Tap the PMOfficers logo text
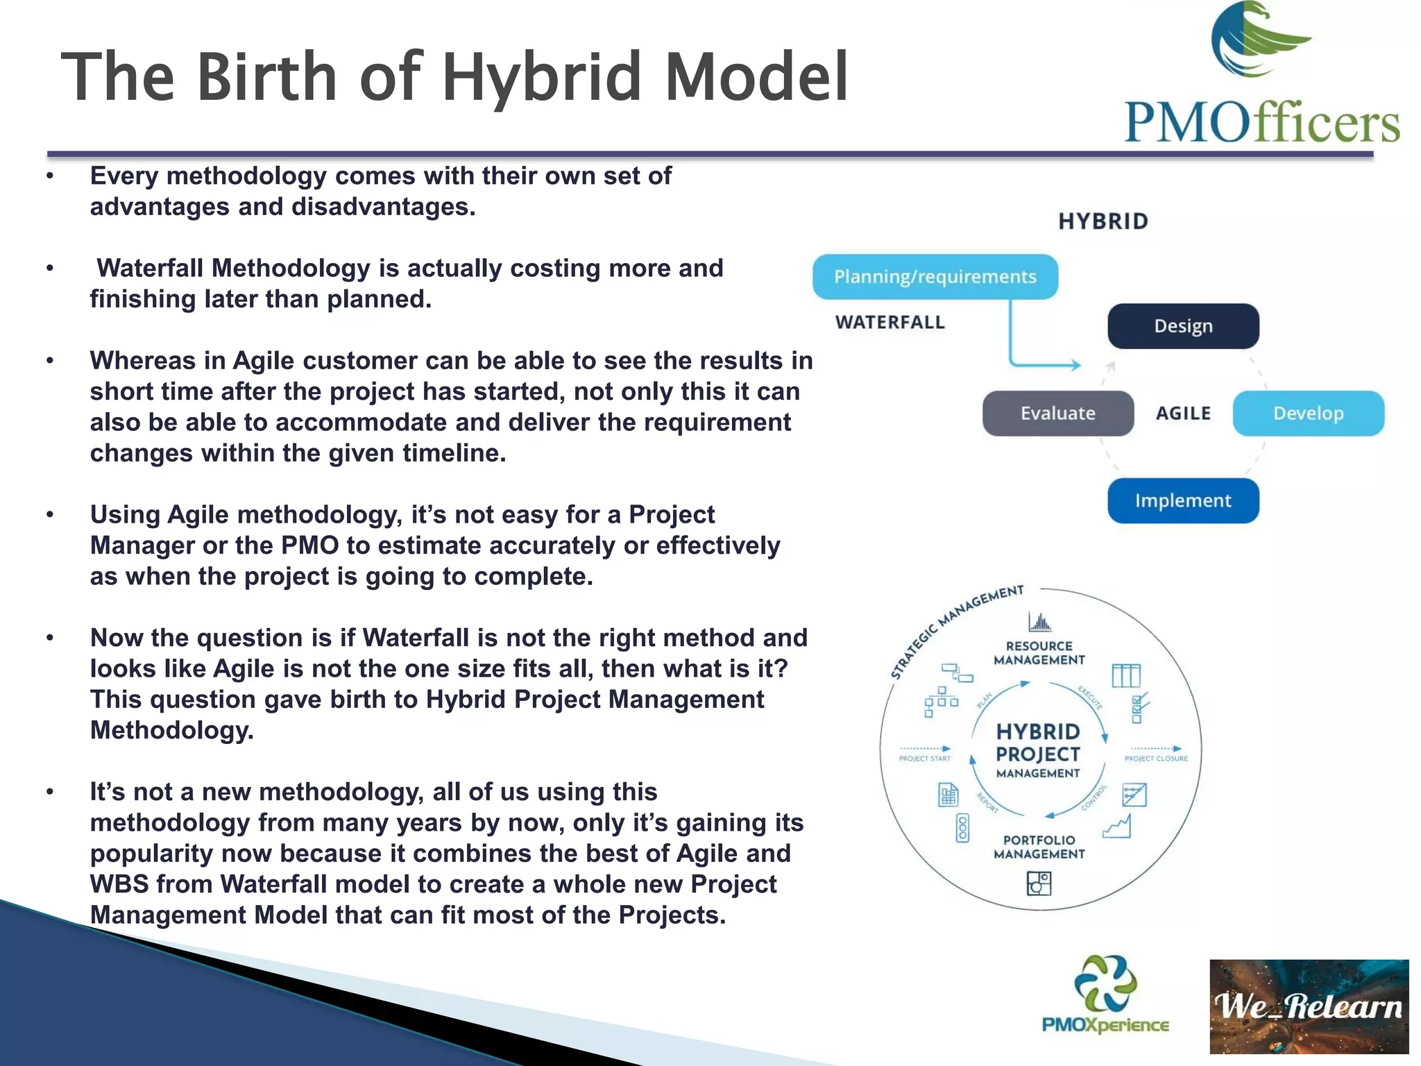click(1261, 124)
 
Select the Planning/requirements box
click(935, 277)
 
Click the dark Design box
click(1183, 326)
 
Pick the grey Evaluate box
click(1057, 414)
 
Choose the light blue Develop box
click(1308, 414)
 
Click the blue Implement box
click(1183, 500)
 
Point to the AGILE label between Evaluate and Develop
click(1183, 414)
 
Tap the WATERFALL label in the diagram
click(890, 323)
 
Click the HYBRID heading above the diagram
click(1103, 221)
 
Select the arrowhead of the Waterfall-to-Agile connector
click(1076, 365)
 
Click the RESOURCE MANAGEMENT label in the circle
click(1039, 653)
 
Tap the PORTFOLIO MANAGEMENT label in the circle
click(1039, 847)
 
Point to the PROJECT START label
click(924, 759)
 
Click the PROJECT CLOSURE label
click(1156, 759)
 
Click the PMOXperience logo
click(1105, 994)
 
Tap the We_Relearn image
click(1309, 1006)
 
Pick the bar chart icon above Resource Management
click(1039, 622)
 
